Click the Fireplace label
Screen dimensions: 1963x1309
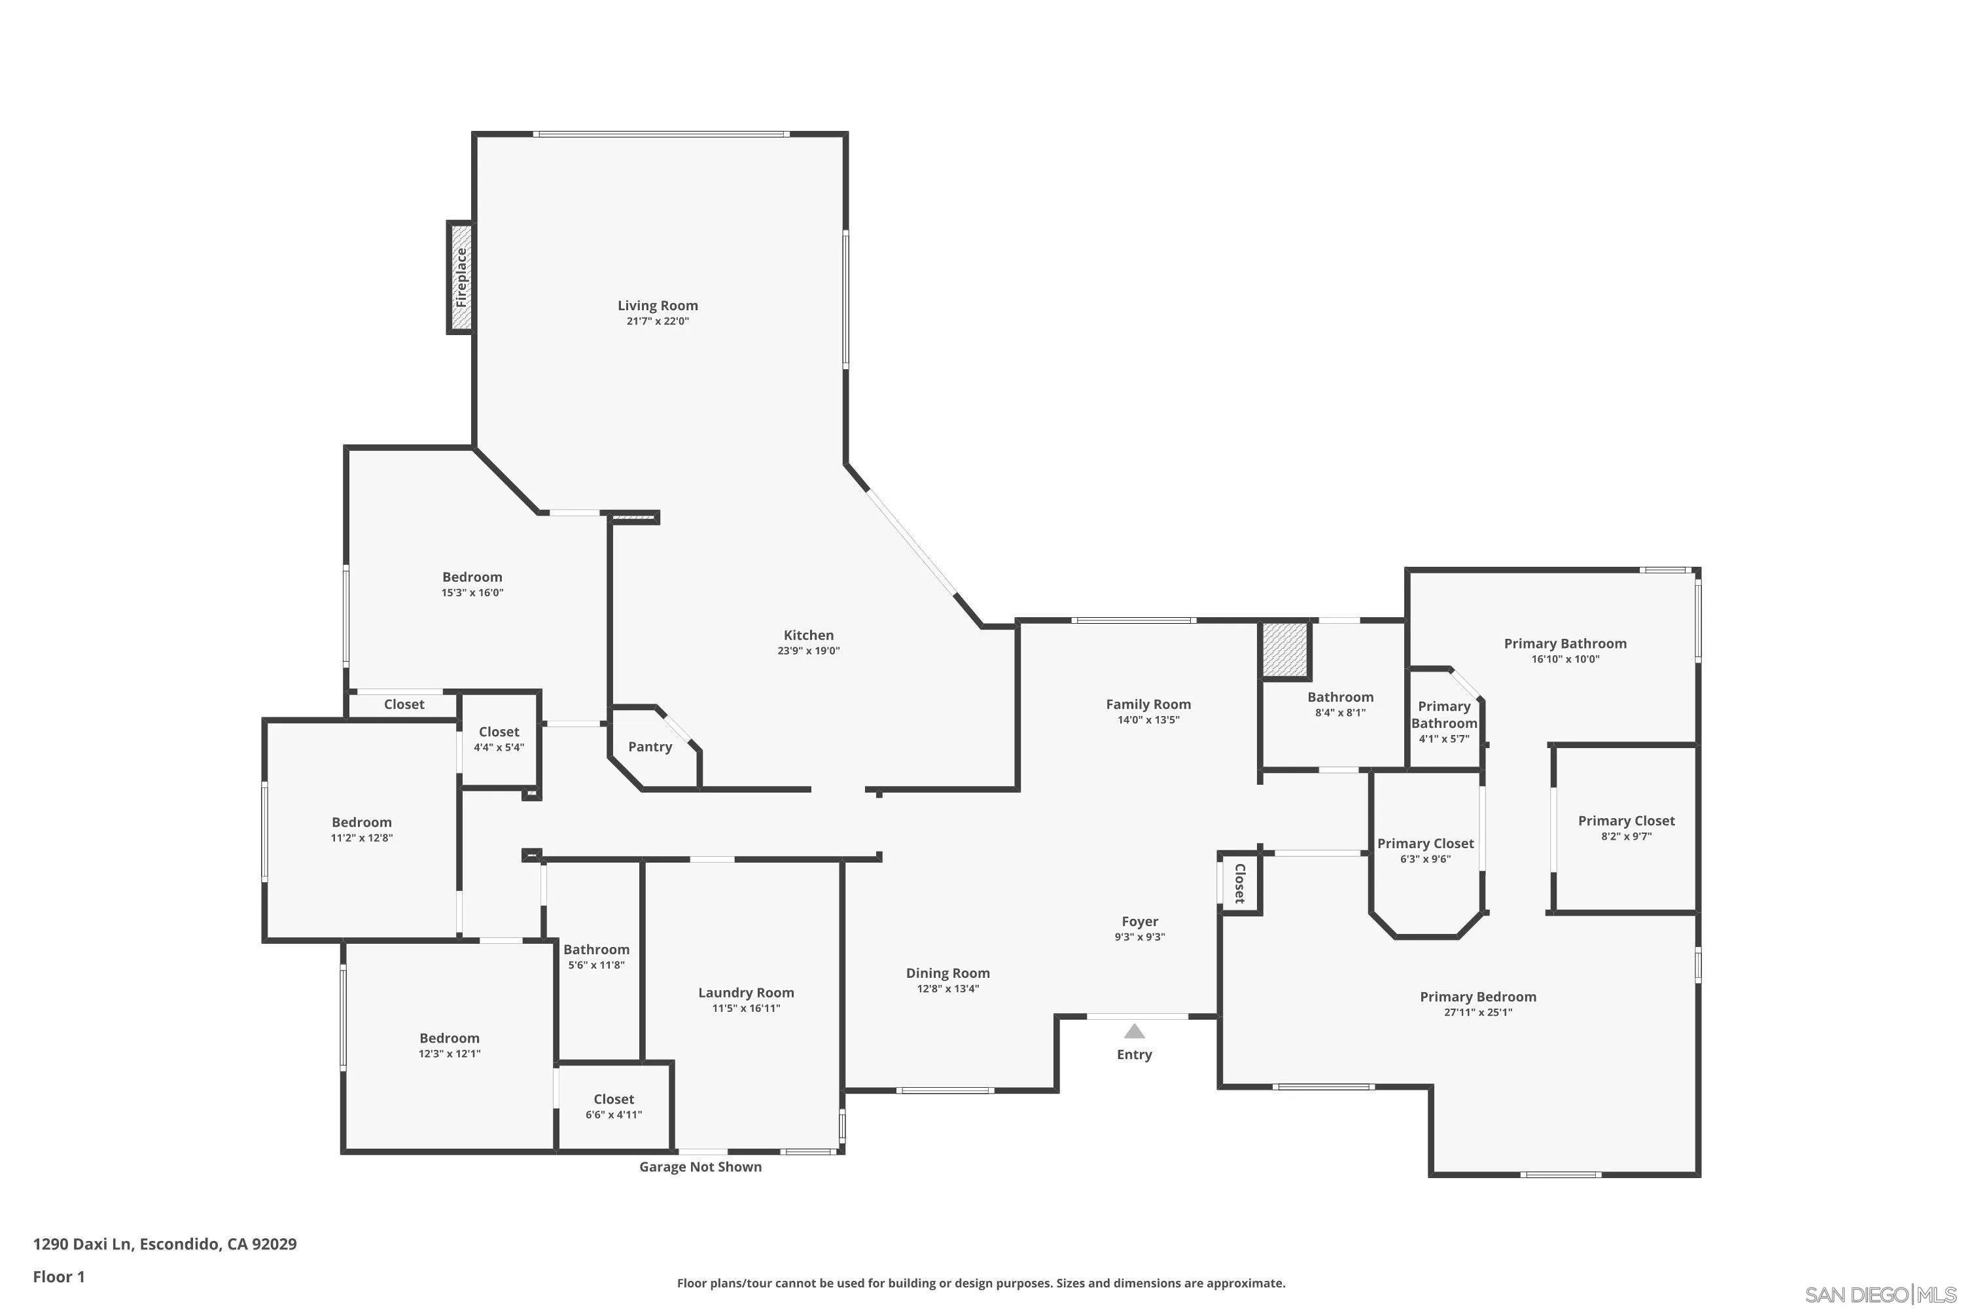coord(461,277)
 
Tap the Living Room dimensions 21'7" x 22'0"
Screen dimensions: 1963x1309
coord(658,321)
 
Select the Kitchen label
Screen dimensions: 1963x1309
coord(809,636)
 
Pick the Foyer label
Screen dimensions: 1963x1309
coord(1140,922)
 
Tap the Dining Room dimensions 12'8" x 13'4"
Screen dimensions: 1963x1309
coord(948,989)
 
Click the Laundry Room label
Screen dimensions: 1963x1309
coord(746,993)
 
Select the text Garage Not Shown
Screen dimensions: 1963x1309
coord(700,1167)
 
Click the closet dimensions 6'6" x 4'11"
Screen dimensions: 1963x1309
coord(614,1115)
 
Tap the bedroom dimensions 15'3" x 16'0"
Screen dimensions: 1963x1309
coord(472,594)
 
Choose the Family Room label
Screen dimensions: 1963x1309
coord(1148,705)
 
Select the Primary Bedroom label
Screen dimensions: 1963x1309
coord(1478,997)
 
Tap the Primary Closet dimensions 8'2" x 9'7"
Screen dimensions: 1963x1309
coord(1627,836)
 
